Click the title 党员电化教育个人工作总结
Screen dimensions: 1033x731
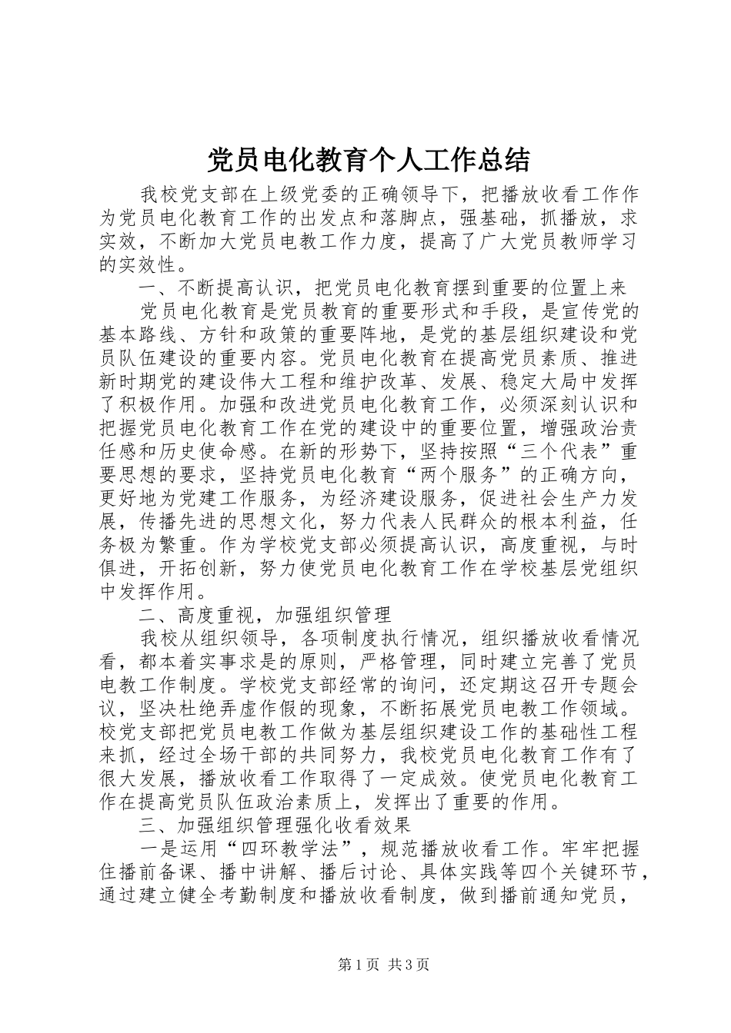coord(369,161)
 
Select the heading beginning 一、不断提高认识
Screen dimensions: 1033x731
coord(383,287)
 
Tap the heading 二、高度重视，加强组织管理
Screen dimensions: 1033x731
coord(265,614)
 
